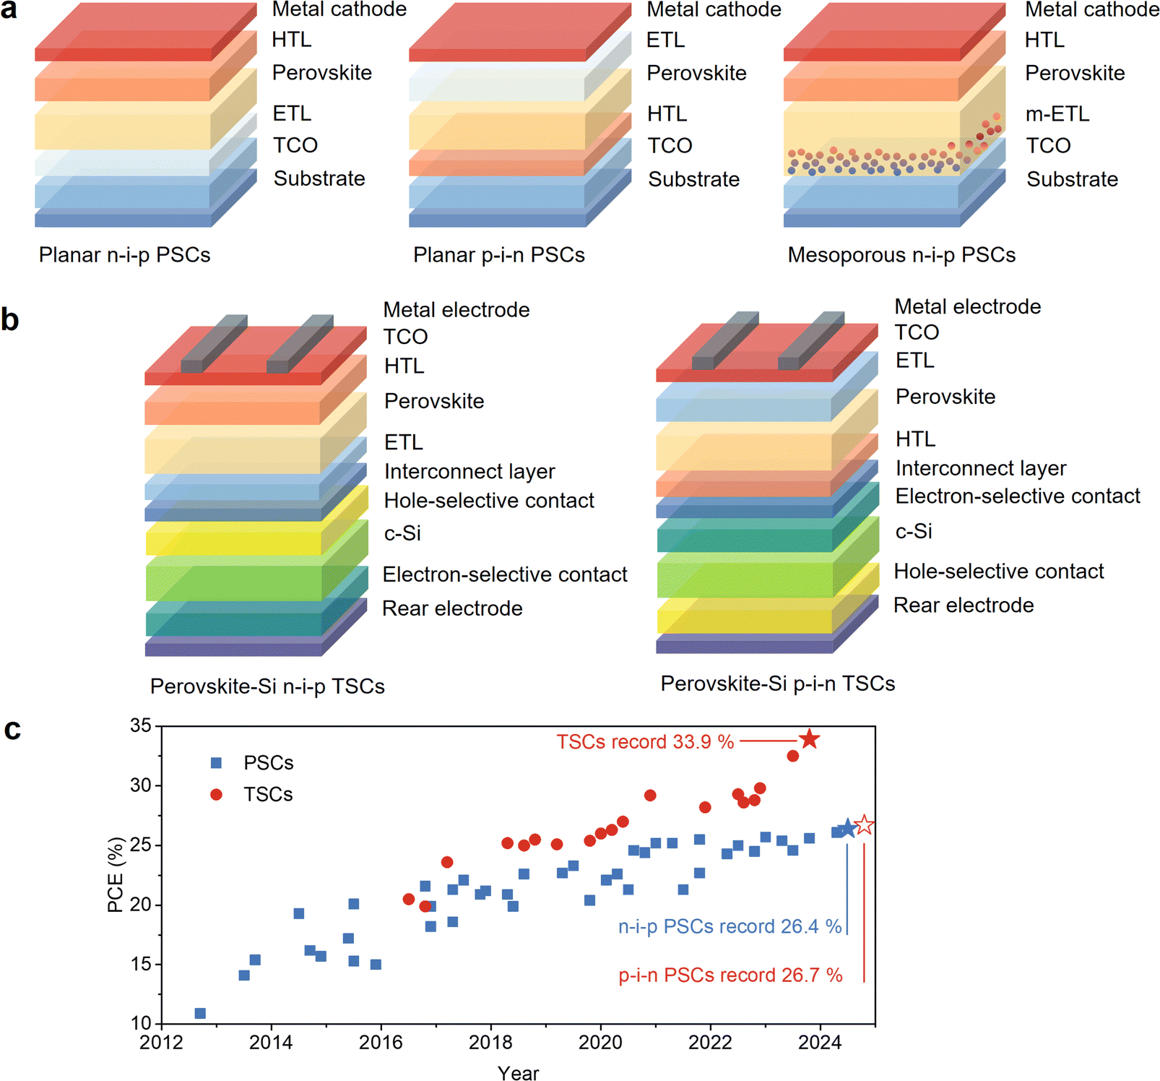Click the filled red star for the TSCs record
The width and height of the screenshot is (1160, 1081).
pyautogui.click(x=809, y=739)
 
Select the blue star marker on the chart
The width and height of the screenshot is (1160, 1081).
pyautogui.click(x=847, y=829)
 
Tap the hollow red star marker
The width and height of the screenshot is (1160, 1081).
pyautogui.click(x=864, y=825)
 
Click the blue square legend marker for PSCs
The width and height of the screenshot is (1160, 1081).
pyautogui.click(x=216, y=763)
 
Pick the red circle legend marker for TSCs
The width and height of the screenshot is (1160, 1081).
pyautogui.click(x=216, y=795)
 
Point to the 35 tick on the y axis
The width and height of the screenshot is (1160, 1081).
pyautogui.click(x=141, y=725)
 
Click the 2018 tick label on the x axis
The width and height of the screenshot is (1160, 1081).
pyautogui.click(x=490, y=1043)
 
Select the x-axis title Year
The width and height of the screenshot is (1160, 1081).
pyautogui.click(x=518, y=1072)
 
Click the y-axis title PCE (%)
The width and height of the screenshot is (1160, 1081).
pyautogui.click(x=116, y=874)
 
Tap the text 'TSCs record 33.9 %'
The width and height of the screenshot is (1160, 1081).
pyautogui.click(x=645, y=742)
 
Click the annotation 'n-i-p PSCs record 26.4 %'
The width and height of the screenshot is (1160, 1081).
pyautogui.click(x=730, y=926)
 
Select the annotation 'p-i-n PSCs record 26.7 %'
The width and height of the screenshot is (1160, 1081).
pyautogui.click(x=730, y=975)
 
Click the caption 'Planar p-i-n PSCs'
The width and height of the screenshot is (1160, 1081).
pyautogui.click(x=499, y=255)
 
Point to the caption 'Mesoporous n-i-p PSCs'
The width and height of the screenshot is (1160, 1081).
pyautogui.click(x=901, y=255)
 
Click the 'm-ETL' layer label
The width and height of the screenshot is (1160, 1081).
pyautogui.click(x=1057, y=114)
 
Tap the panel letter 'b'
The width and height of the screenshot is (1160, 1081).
pyautogui.click(x=10, y=319)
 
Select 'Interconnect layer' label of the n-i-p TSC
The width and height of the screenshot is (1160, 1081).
pyautogui.click(x=469, y=472)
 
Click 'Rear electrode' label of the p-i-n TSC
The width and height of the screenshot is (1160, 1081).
pyautogui.click(x=964, y=606)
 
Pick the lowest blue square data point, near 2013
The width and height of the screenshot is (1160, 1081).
pyautogui.click(x=200, y=1013)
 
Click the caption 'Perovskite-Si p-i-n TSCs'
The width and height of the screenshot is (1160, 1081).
pyautogui.click(x=778, y=684)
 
